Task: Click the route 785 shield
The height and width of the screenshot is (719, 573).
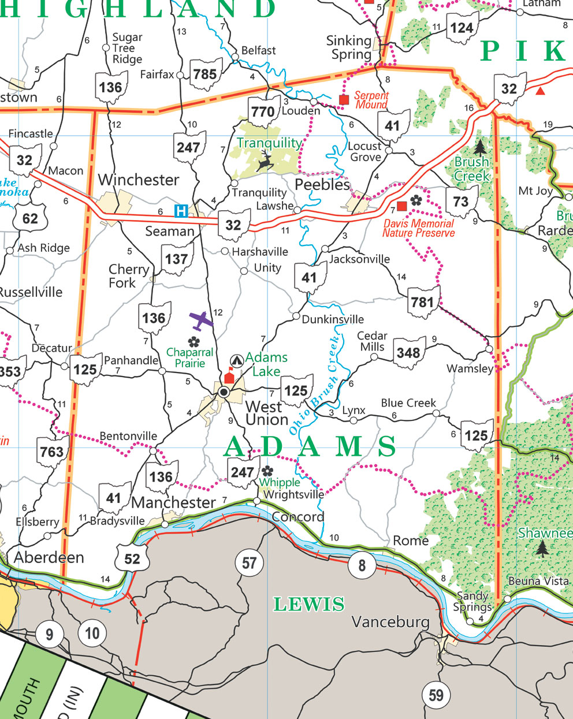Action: click(x=206, y=74)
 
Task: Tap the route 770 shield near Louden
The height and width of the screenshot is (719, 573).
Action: click(x=263, y=111)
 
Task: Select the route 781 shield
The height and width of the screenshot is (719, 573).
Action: click(x=423, y=302)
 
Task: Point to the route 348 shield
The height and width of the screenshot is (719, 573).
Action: click(x=408, y=352)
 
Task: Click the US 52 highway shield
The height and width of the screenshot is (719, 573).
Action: click(x=132, y=557)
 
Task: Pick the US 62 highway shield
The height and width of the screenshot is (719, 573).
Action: click(x=30, y=219)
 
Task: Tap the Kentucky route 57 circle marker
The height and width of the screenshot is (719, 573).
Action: click(x=249, y=562)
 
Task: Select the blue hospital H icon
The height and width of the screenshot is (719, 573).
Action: click(x=181, y=211)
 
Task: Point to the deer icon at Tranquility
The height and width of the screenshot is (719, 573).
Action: click(x=266, y=161)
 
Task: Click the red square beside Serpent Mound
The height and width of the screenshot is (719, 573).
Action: click(x=344, y=100)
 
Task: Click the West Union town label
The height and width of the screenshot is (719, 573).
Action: click(x=266, y=413)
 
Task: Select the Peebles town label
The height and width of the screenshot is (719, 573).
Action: click(x=322, y=185)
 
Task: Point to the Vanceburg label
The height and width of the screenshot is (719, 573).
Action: click(x=390, y=622)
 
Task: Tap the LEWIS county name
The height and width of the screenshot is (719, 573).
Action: click(x=309, y=605)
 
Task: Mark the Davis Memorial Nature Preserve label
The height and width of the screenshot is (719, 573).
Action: click(x=419, y=228)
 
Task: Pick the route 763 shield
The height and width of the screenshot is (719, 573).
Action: click(x=52, y=451)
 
